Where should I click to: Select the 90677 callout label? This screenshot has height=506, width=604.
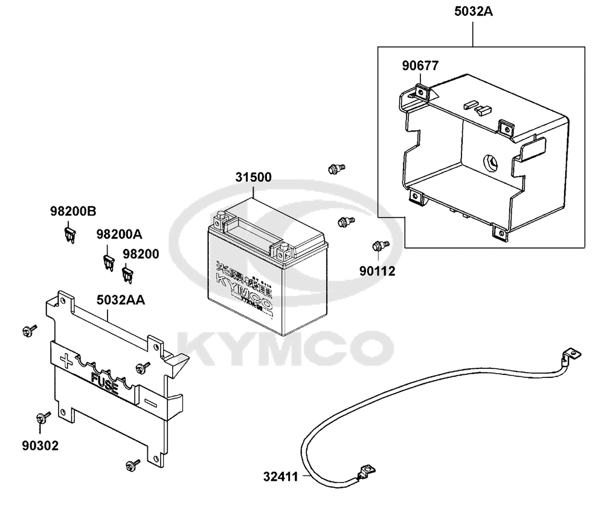[x=421, y=65]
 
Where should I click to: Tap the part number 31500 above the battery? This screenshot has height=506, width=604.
[x=253, y=178]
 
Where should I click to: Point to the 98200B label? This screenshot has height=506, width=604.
[x=72, y=212]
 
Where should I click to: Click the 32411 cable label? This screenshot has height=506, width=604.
[x=281, y=477]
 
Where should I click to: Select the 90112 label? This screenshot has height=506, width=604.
[x=378, y=271]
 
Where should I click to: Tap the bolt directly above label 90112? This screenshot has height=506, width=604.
[x=379, y=245]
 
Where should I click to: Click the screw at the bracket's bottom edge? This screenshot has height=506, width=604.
[x=130, y=464]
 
